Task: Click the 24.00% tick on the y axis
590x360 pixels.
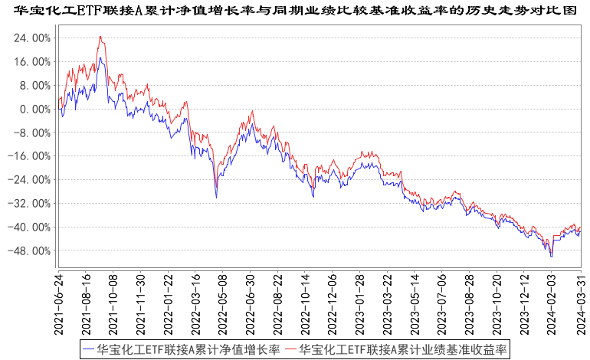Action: pos(33,38)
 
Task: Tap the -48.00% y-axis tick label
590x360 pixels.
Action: pos(31,250)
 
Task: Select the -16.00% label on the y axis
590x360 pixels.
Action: pos(31,156)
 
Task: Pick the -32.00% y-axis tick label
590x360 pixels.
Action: pos(31,204)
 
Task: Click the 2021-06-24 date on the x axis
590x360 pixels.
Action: pos(59,303)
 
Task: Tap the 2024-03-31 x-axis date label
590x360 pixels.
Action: pos(581,303)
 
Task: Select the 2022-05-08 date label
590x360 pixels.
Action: pos(221,303)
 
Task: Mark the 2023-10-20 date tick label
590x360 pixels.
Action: pos(498,303)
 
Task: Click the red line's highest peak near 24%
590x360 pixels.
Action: pos(100,36)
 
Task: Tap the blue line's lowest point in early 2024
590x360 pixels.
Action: pos(552,257)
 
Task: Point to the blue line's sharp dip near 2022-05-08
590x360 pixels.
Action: pos(216,198)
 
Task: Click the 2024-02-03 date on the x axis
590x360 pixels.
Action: pos(552,303)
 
